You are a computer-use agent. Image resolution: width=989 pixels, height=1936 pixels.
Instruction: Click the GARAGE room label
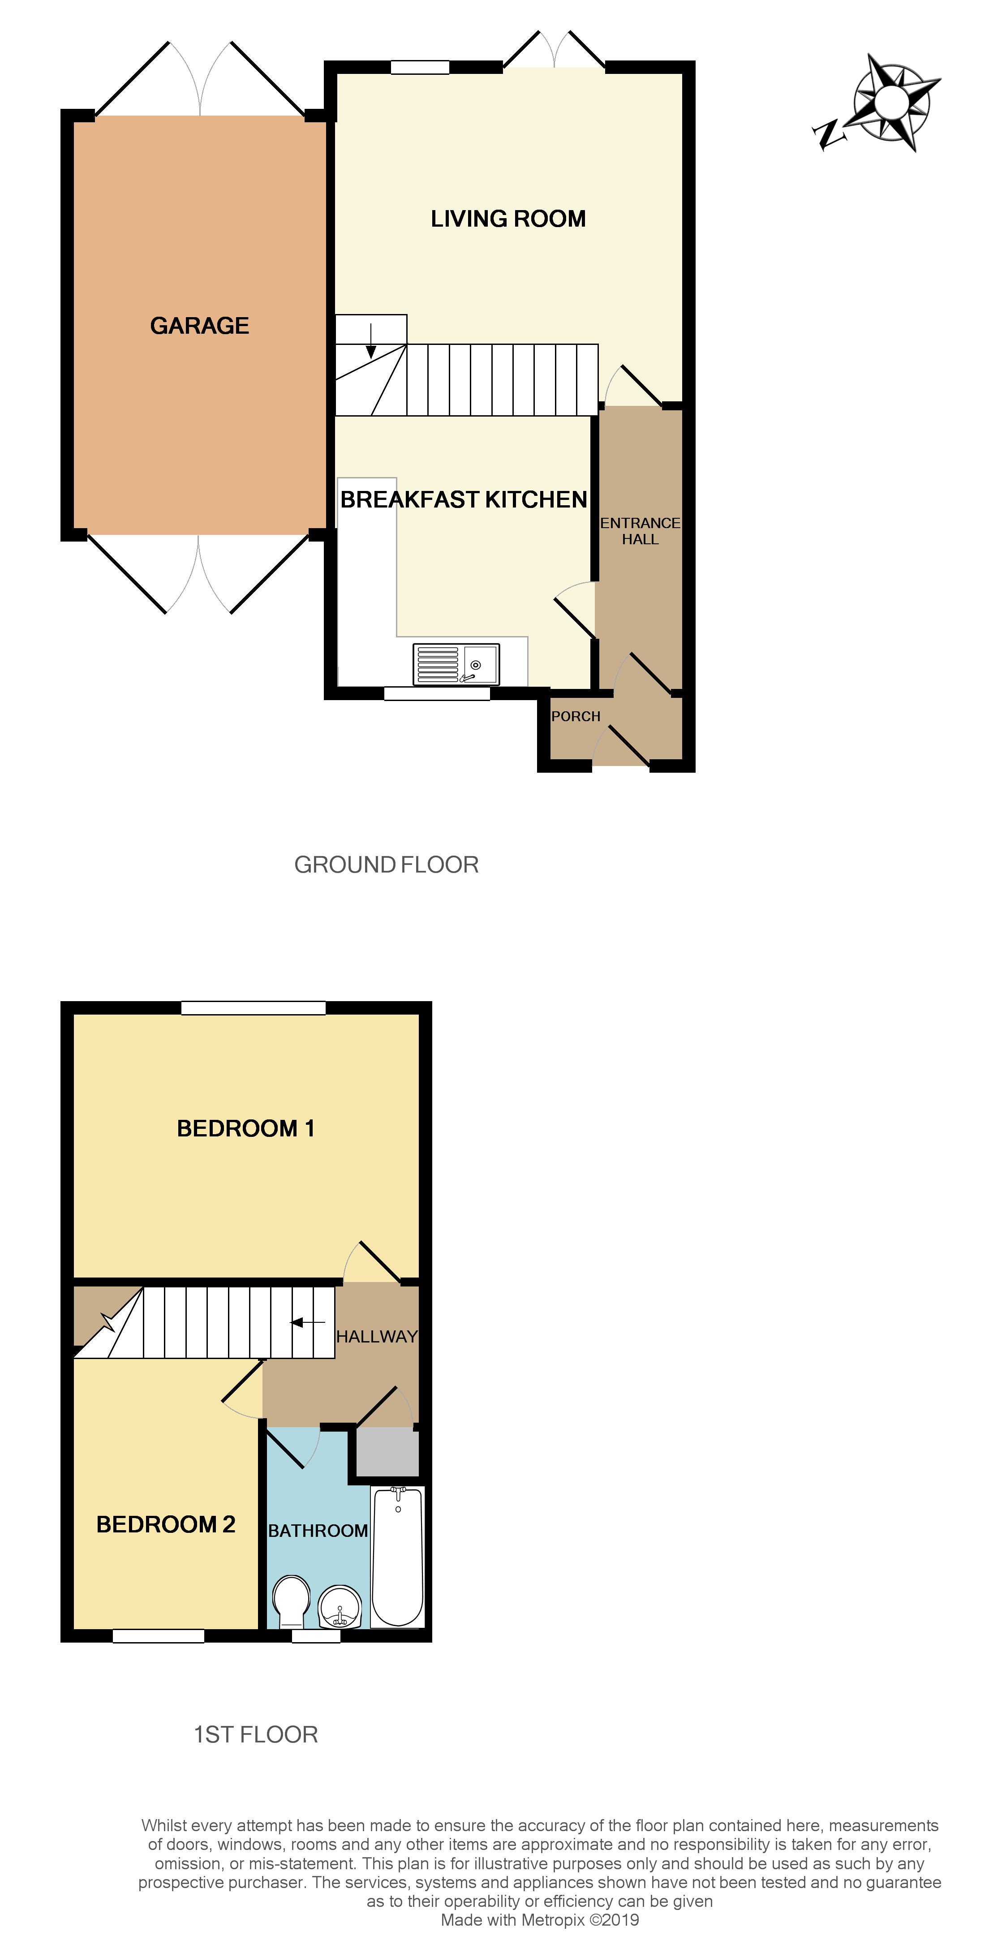(199, 325)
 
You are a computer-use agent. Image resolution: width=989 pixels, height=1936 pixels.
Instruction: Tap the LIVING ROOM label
(508, 219)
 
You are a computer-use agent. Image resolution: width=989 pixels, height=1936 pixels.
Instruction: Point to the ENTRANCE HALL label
(640, 531)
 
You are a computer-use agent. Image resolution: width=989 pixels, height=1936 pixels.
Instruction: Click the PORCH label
(576, 716)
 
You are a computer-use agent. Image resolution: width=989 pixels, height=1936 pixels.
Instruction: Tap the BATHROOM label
(318, 1531)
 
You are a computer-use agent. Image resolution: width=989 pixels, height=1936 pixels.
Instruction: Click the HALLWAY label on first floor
(377, 1336)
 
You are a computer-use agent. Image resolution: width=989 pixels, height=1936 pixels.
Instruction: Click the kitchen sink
(456, 664)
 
